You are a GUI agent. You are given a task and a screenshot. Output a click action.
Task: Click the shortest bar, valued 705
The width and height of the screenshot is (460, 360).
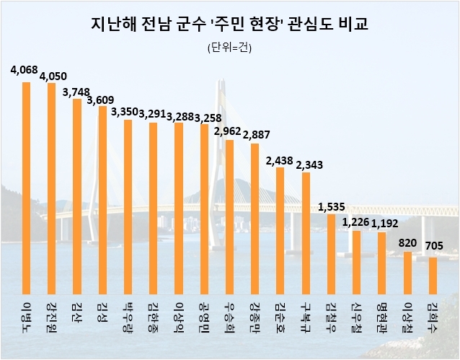433,271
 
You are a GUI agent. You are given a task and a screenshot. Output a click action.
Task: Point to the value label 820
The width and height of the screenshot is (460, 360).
408,243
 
